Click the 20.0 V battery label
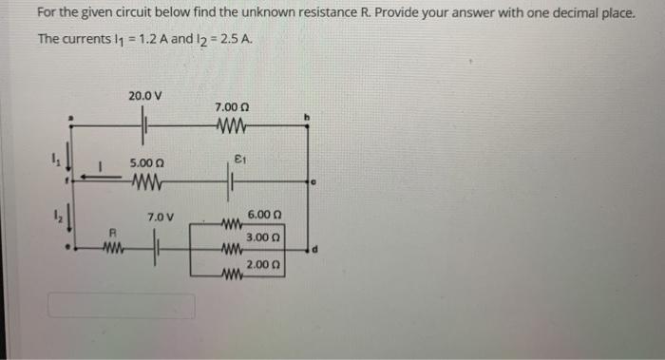(145, 96)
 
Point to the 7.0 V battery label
(159, 218)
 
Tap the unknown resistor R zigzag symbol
(114, 251)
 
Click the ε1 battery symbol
(231, 176)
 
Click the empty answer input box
(122, 306)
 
